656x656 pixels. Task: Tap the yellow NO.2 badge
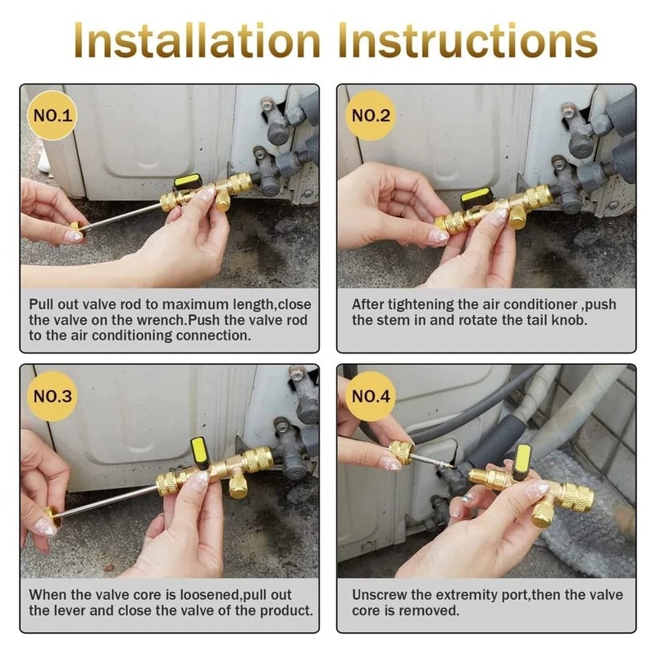click(x=371, y=116)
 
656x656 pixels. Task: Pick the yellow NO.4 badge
click(x=371, y=398)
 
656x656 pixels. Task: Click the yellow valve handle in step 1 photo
click(x=186, y=181)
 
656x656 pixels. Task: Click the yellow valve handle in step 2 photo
click(x=476, y=197)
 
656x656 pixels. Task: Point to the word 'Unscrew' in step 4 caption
click(x=379, y=594)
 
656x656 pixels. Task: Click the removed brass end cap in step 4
click(x=401, y=450)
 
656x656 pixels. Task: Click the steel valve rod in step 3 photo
click(x=107, y=501)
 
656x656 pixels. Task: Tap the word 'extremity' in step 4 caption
click(x=466, y=594)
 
